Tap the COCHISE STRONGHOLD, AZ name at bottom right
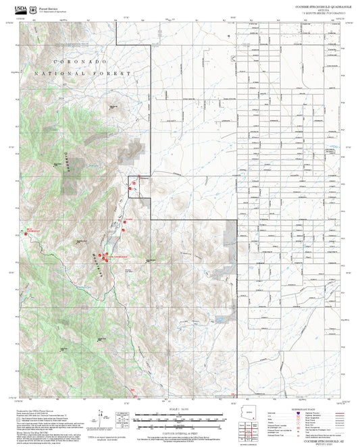[x=315, y=438]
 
